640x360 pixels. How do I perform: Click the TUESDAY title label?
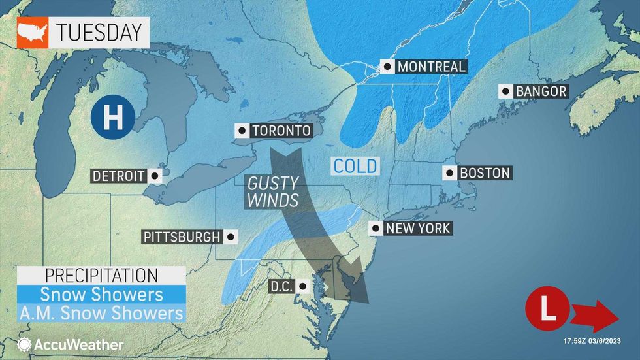pyautogui.click(x=98, y=31)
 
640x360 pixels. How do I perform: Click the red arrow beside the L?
pyautogui.click(x=594, y=318)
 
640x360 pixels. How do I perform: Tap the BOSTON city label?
pyautogui.click(x=484, y=173)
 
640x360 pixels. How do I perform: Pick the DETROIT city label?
pyautogui.click(x=118, y=176)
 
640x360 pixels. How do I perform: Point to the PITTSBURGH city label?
pyautogui.click(x=182, y=237)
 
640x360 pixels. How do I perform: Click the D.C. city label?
pyautogui.click(x=283, y=286)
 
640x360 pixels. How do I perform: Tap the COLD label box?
pyautogui.click(x=355, y=165)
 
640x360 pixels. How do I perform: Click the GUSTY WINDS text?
pyautogui.click(x=272, y=192)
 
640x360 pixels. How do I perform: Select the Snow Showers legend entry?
pyautogui.click(x=101, y=294)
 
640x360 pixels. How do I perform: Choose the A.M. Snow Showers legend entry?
pyautogui.click(x=101, y=313)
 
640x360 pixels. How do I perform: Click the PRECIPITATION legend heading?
pyautogui.click(x=101, y=275)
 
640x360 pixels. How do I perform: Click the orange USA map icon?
pyautogui.click(x=32, y=32)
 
